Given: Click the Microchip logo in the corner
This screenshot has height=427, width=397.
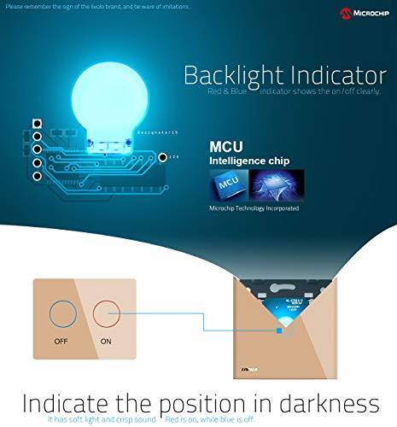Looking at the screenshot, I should (x=365, y=14).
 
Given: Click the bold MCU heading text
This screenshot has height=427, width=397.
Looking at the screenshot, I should (x=227, y=146).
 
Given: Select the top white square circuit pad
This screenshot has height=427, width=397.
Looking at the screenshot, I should (x=38, y=124).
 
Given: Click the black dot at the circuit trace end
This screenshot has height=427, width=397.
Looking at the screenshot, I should (x=187, y=157).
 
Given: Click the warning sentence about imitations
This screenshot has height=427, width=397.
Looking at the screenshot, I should (x=98, y=6).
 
